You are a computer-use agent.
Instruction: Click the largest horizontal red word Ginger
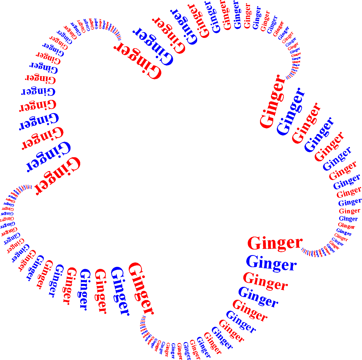coord(275,243)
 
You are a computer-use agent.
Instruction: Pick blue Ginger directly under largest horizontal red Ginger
coord(271,263)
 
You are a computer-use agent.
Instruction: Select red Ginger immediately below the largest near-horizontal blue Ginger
coord(265,281)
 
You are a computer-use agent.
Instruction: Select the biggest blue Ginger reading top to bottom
coord(120,291)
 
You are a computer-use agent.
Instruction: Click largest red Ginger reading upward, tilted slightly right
coord(272,102)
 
